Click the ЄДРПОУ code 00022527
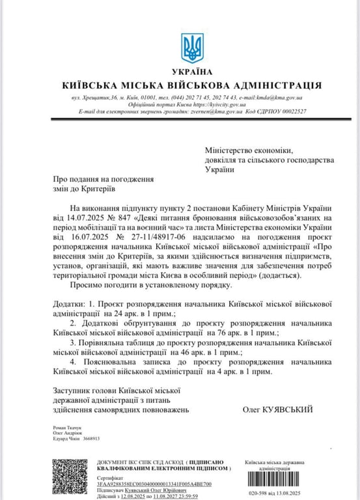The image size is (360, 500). coord(290,111)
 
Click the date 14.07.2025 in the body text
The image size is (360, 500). coord(77,226)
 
